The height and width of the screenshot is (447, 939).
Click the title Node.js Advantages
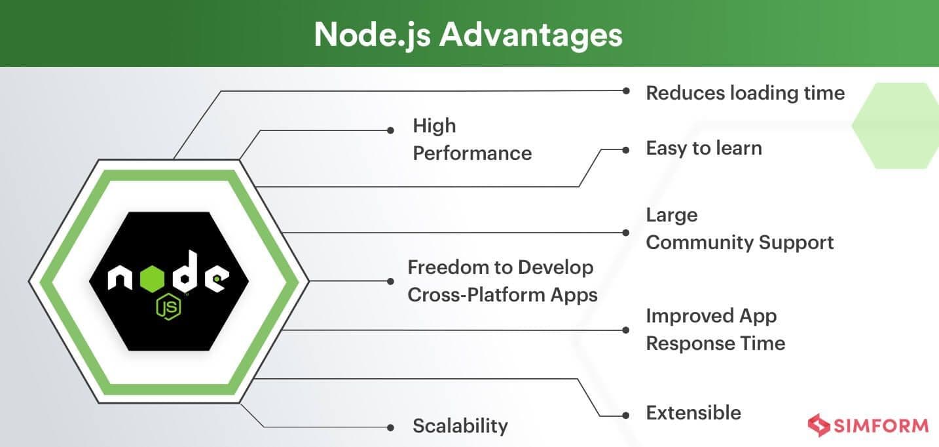pos(468,34)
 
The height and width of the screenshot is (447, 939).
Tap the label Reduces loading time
pos(745,93)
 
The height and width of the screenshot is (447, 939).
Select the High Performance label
pos(471,140)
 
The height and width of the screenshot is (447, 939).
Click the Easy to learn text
pos(704,148)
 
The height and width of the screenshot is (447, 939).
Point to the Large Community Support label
pos(739,229)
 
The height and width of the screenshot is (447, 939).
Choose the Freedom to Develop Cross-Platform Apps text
pos(502,281)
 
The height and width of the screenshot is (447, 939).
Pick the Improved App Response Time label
pos(715,330)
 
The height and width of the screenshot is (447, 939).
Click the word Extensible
pos(693,413)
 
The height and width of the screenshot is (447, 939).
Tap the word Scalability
pos(460,426)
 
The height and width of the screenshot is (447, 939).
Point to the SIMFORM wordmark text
pos(881,426)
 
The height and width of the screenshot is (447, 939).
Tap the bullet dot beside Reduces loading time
pos(627,92)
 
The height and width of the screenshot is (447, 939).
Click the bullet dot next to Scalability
pos(390,427)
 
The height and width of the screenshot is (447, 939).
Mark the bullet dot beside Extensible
pos(627,416)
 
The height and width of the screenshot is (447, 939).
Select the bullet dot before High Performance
pos(390,130)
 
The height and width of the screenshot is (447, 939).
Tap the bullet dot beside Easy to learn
pos(627,149)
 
